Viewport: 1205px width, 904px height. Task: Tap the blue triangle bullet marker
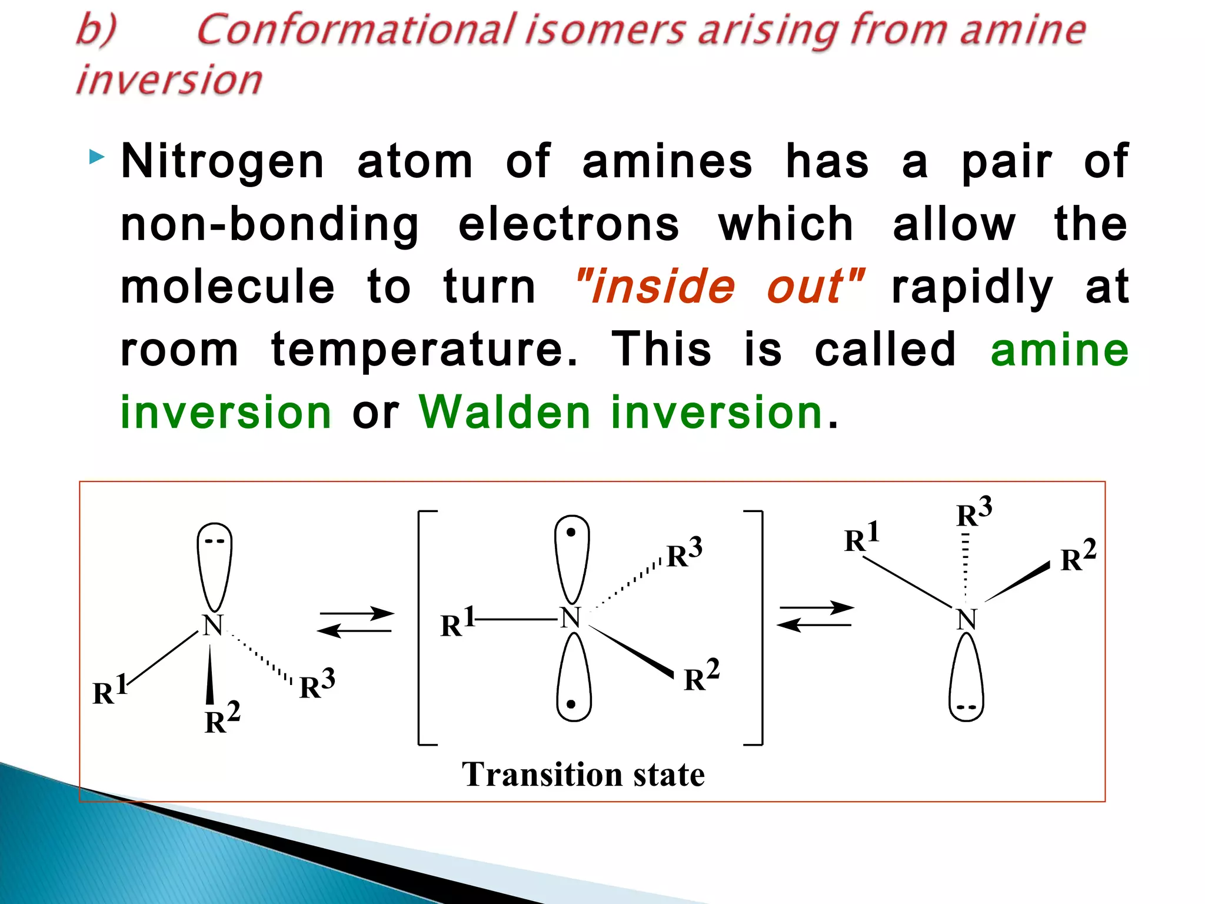[x=97, y=157]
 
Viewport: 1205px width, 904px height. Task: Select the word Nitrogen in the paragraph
[x=222, y=161]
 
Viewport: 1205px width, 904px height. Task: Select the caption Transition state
[x=582, y=774]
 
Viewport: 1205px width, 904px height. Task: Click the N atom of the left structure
[x=212, y=625]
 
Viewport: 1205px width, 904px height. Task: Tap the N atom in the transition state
[x=570, y=618]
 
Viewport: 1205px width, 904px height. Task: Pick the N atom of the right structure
[x=966, y=619]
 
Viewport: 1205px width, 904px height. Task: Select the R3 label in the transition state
[x=684, y=553]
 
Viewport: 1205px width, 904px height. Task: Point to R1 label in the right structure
[x=861, y=537]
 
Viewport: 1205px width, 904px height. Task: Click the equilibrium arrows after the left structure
[x=355, y=622]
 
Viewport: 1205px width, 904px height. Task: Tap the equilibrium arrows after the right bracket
[x=815, y=616]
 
